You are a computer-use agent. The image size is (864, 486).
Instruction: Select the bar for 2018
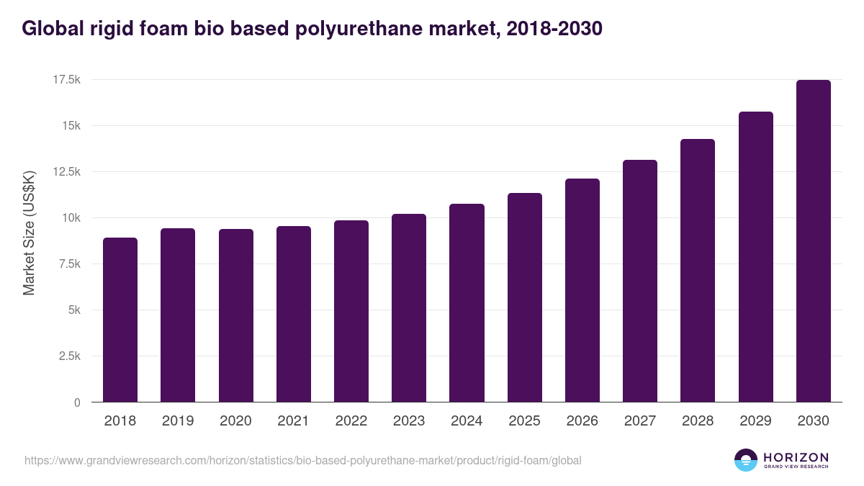pos(120,320)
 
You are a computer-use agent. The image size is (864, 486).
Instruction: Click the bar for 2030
pos(814,241)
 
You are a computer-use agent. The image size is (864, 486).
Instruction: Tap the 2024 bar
pos(467,303)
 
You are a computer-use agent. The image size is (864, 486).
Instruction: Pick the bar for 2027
pos(640,281)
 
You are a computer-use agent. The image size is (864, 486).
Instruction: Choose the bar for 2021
pos(294,314)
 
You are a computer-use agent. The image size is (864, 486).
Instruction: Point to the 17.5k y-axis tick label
pos(66,80)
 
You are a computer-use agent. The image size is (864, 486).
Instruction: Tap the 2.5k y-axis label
pos(68,356)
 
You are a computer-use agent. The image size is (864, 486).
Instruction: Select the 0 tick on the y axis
pos(76,402)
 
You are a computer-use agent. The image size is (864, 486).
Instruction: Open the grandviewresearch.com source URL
pos(303,460)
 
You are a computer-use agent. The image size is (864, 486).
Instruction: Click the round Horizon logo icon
pos(746,460)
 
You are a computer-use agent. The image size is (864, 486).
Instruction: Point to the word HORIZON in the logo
pos(796,457)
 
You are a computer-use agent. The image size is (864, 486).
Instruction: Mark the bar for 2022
pos(351,311)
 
